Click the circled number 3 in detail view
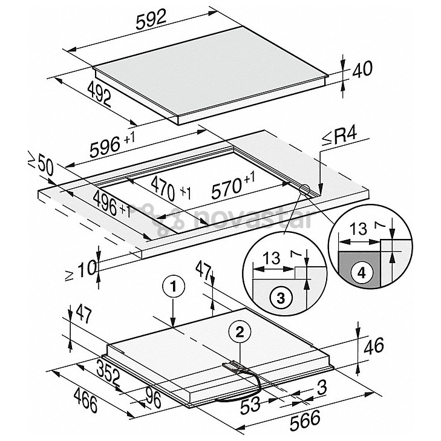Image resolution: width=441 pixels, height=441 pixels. coord(279,296)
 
